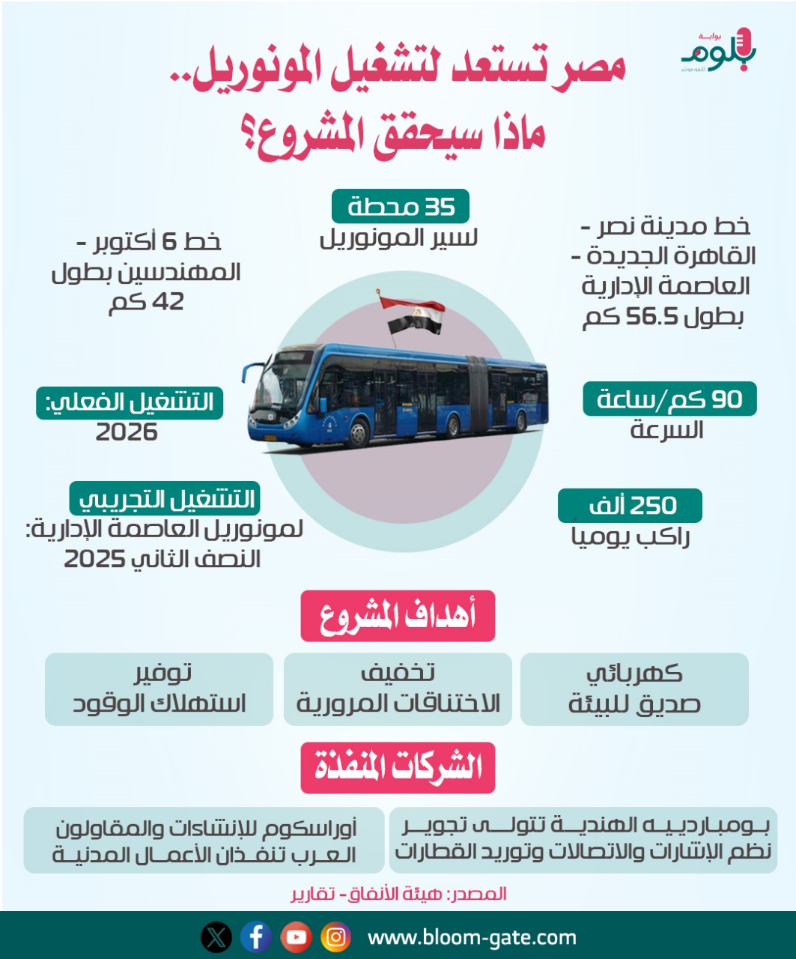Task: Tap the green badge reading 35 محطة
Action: [x=401, y=206]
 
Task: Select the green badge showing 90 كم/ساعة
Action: [x=669, y=399]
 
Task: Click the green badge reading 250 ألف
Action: [x=630, y=506]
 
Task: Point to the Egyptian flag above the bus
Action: [x=412, y=315]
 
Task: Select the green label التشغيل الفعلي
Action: [x=130, y=402]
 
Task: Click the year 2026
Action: [x=127, y=432]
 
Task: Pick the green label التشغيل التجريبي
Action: [x=165, y=498]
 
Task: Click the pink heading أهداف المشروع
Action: [x=398, y=616]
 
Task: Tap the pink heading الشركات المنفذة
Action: [x=398, y=767]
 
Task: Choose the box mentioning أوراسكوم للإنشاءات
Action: [x=204, y=841]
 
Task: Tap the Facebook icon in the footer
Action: [x=256, y=937]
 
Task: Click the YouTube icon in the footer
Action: [x=296, y=937]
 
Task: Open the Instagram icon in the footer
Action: [x=336, y=937]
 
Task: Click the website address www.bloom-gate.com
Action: [x=472, y=937]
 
